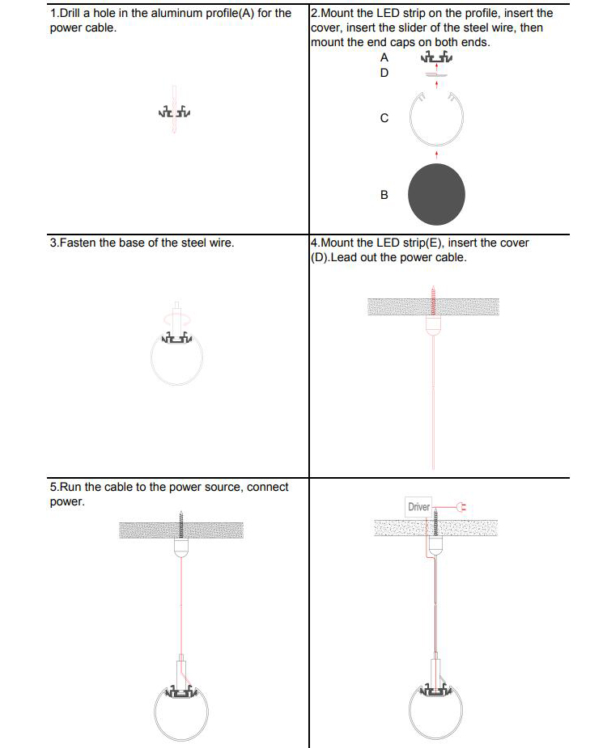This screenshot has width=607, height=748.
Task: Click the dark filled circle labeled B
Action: pyautogui.click(x=436, y=196)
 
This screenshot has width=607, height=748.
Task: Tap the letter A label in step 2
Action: pyautogui.click(x=384, y=57)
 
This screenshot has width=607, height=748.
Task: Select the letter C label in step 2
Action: pyautogui.click(x=384, y=118)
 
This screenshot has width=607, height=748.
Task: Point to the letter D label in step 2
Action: pyautogui.click(x=384, y=73)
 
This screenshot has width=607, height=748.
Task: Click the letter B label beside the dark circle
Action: pyautogui.click(x=384, y=195)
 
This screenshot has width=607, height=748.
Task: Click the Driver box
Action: pyautogui.click(x=418, y=507)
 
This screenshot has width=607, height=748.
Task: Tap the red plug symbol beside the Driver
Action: pyautogui.click(x=462, y=507)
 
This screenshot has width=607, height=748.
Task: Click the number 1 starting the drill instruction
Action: pyautogui.click(x=53, y=14)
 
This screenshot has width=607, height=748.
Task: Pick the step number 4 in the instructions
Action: pyautogui.click(x=314, y=243)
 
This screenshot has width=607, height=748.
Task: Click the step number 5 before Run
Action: pyautogui.click(x=53, y=487)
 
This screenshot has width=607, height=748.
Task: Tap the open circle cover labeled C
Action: pyautogui.click(x=436, y=119)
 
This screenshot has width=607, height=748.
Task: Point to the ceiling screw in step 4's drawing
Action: pyautogui.click(x=434, y=302)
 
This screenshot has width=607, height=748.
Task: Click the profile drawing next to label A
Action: pyautogui.click(x=436, y=57)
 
